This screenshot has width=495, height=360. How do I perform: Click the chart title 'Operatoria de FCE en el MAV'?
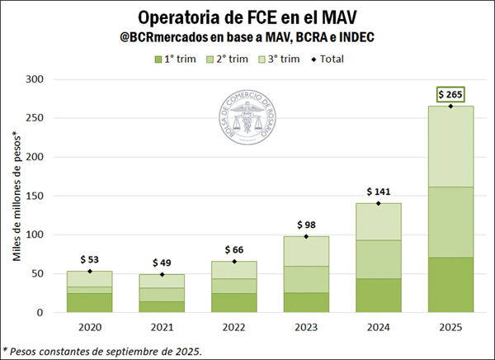(x=247, y=17)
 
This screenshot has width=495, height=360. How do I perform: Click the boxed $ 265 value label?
(x=450, y=94)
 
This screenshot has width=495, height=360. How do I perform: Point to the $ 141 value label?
(x=378, y=191)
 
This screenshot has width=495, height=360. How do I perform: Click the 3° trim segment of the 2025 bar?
(x=450, y=146)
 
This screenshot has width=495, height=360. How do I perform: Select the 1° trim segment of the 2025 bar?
(x=450, y=285)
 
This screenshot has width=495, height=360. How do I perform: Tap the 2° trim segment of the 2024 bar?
(x=378, y=259)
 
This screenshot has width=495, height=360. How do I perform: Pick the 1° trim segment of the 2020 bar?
(x=89, y=303)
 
